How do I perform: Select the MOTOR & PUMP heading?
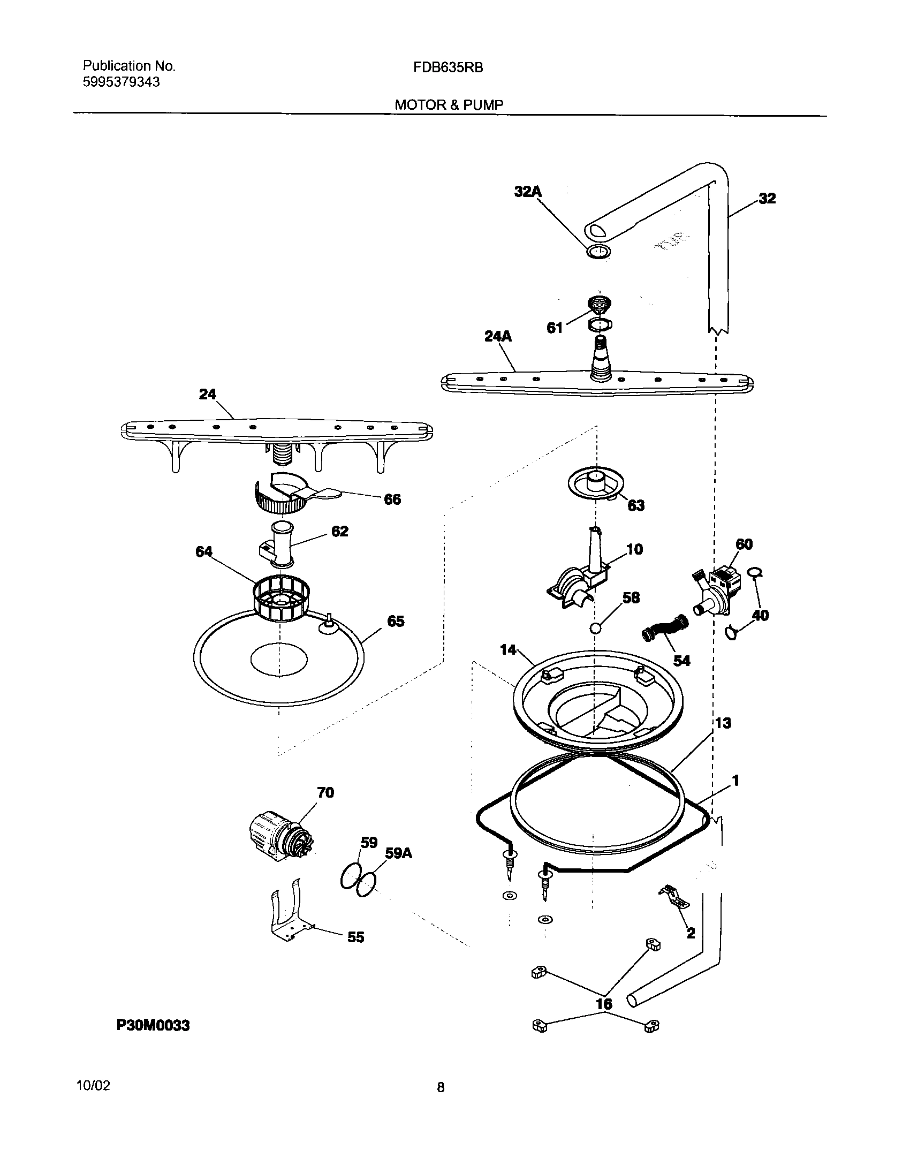click(449, 105)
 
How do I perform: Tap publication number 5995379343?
click(121, 82)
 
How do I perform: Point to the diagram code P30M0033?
click(153, 1025)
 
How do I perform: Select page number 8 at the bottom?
click(441, 1087)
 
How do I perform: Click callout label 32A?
click(528, 191)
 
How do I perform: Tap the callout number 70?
click(325, 793)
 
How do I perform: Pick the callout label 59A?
click(398, 853)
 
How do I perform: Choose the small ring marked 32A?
click(598, 251)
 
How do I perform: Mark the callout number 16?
click(604, 1004)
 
